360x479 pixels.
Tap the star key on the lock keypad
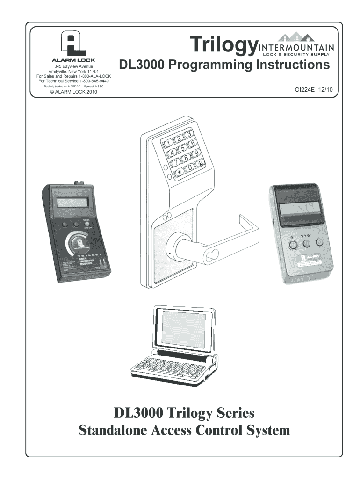[x=179, y=173]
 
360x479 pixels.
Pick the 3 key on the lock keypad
[x=188, y=135]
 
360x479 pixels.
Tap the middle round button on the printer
[x=306, y=243]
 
